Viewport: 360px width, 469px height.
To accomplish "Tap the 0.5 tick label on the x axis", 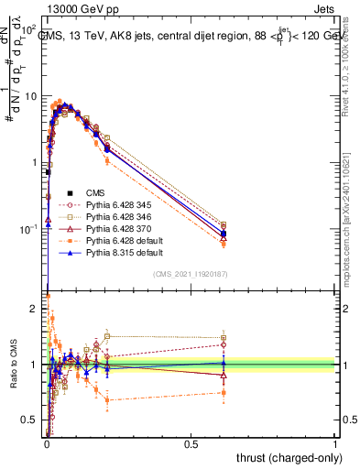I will pyautogui.click(x=191, y=444).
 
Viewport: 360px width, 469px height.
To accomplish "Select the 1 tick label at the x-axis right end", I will pyautogui.click(x=336, y=444).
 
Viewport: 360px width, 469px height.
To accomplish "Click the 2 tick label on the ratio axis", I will pyautogui.click(x=35, y=309).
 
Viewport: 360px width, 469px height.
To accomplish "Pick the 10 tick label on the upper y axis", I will pyautogui.click(x=31, y=96).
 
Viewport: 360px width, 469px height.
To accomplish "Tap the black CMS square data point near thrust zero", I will pyautogui.click(x=48, y=171).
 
